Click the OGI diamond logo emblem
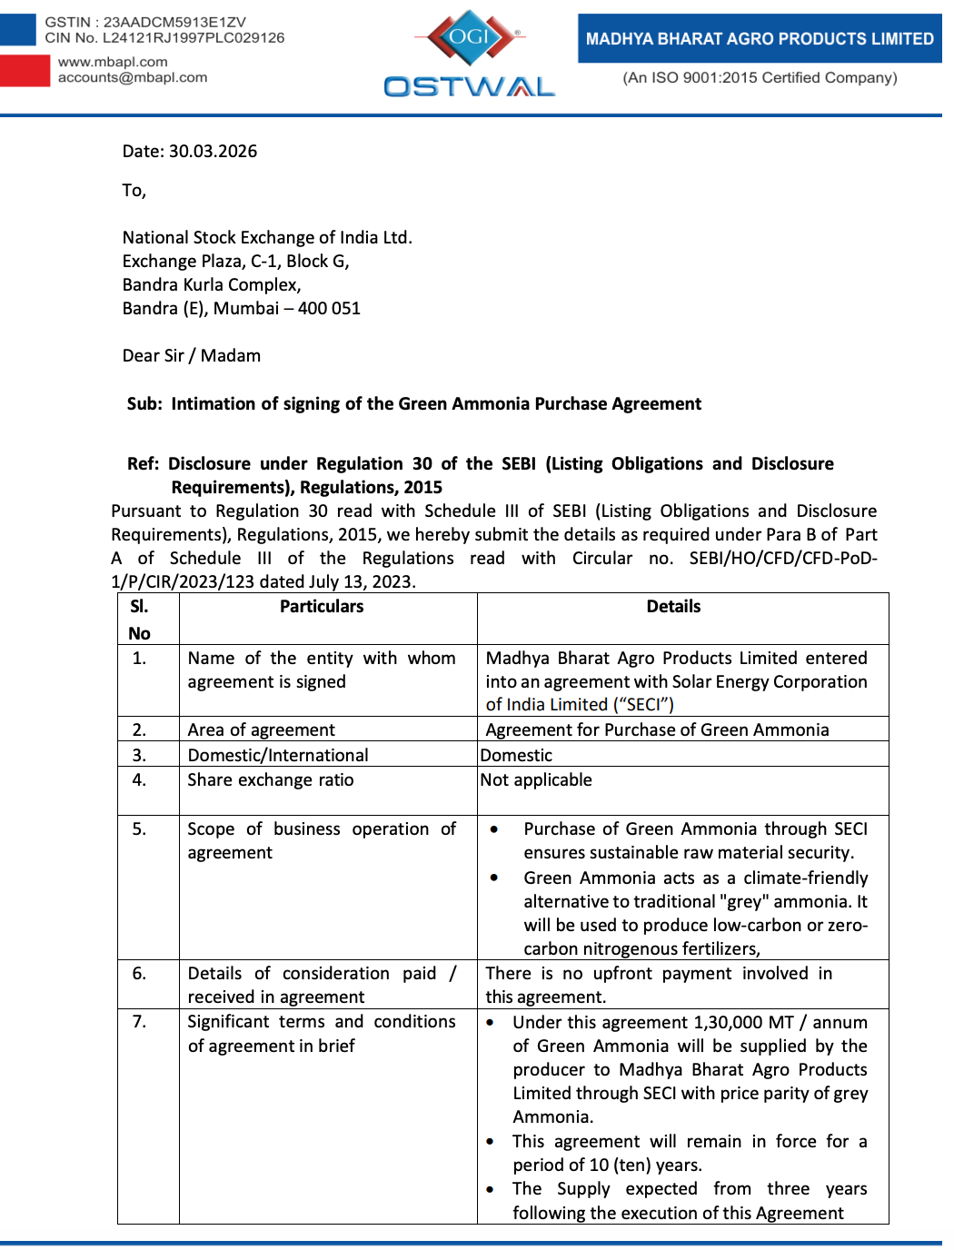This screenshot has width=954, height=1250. [x=470, y=37]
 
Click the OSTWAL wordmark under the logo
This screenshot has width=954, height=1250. [x=469, y=86]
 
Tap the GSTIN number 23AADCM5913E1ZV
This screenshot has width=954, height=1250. [x=174, y=22]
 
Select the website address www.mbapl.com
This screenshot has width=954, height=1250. [x=113, y=62]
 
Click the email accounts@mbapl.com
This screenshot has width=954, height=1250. [x=133, y=77]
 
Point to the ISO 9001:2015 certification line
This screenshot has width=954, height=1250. [x=760, y=77]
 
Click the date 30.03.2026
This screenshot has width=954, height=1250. [x=213, y=151]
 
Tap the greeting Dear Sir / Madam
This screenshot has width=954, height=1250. [x=192, y=355]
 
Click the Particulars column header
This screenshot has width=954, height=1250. [x=322, y=606]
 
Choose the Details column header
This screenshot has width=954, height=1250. [x=673, y=606]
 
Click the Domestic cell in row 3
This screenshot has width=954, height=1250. [x=516, y=755]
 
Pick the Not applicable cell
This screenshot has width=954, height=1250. [x=536, y=779]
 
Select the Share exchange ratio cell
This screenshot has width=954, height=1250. [x=271, y=779]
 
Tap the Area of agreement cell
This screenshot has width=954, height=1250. [x=262, y=729]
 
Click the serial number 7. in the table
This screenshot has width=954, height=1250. [x=139, y=1021]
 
